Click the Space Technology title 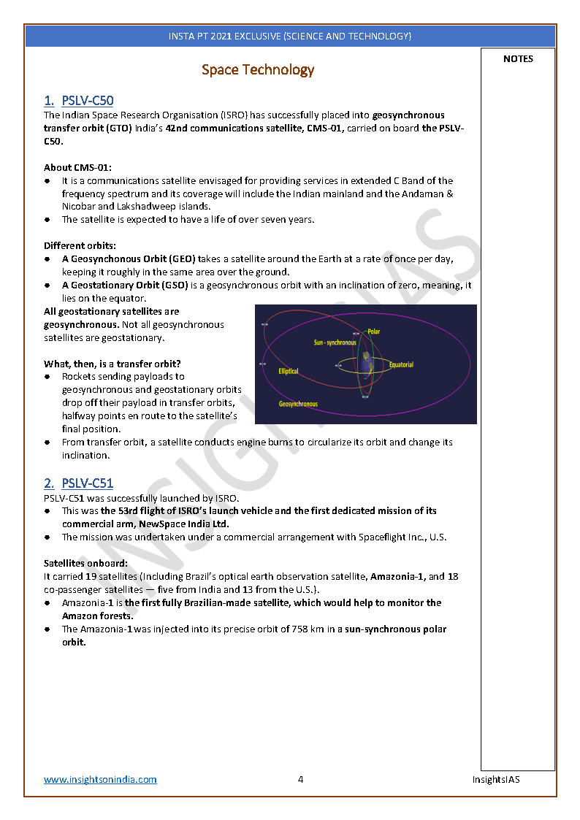[258, 70]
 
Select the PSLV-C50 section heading [87, 101]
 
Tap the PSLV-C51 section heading [87, 483]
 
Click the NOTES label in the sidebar [518, 59]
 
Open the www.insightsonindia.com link [100, 780]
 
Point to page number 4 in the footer [300, 780]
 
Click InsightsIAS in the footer [495, 780]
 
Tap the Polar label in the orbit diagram [373, 332]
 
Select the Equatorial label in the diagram [401, 364]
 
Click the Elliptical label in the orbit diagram [289, 371]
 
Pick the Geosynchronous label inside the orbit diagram [298, 404]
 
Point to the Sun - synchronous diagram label [335, 342]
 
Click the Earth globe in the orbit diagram [366, 364]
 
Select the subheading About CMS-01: [77, 167]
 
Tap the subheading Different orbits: [80, 246]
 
